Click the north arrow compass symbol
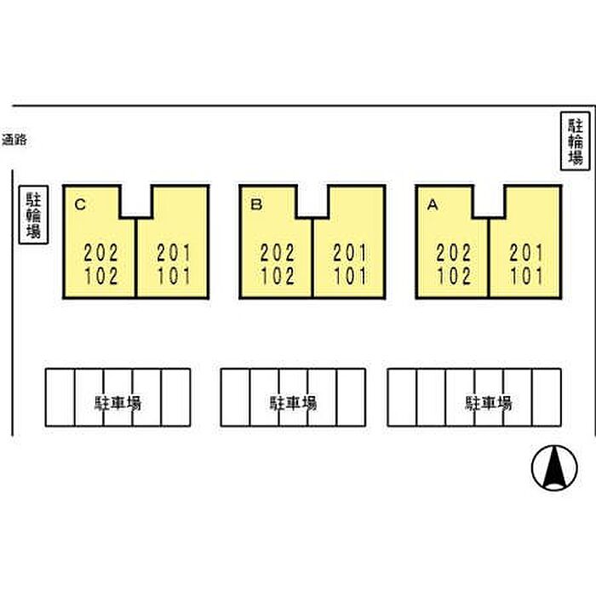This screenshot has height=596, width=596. point(554,467)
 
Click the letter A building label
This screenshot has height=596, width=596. point(433,205)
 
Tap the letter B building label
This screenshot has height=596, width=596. point(256,205)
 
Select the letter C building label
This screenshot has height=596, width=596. point(80,205)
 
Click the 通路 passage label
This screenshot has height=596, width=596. point(14,140)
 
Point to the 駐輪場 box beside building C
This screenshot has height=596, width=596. point(33,215)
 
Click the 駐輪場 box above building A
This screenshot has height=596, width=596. point(576,141)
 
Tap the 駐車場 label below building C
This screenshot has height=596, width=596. point(117,403)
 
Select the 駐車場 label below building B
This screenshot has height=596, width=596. point(293,403)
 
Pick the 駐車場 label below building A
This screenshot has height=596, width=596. point(489,403)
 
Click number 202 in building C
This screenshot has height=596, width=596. point(101,253)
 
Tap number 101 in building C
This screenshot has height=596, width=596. point(174,277)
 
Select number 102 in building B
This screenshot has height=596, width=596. point(278,277)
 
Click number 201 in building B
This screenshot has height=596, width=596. point(350,253)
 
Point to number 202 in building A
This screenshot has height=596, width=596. point(454,253)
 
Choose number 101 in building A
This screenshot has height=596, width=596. point(526,277)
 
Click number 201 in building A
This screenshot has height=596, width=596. point(525,253)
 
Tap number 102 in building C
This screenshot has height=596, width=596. point(101,277)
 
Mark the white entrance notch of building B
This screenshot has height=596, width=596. point(312,201)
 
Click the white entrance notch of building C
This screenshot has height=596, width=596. point(136,201)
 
